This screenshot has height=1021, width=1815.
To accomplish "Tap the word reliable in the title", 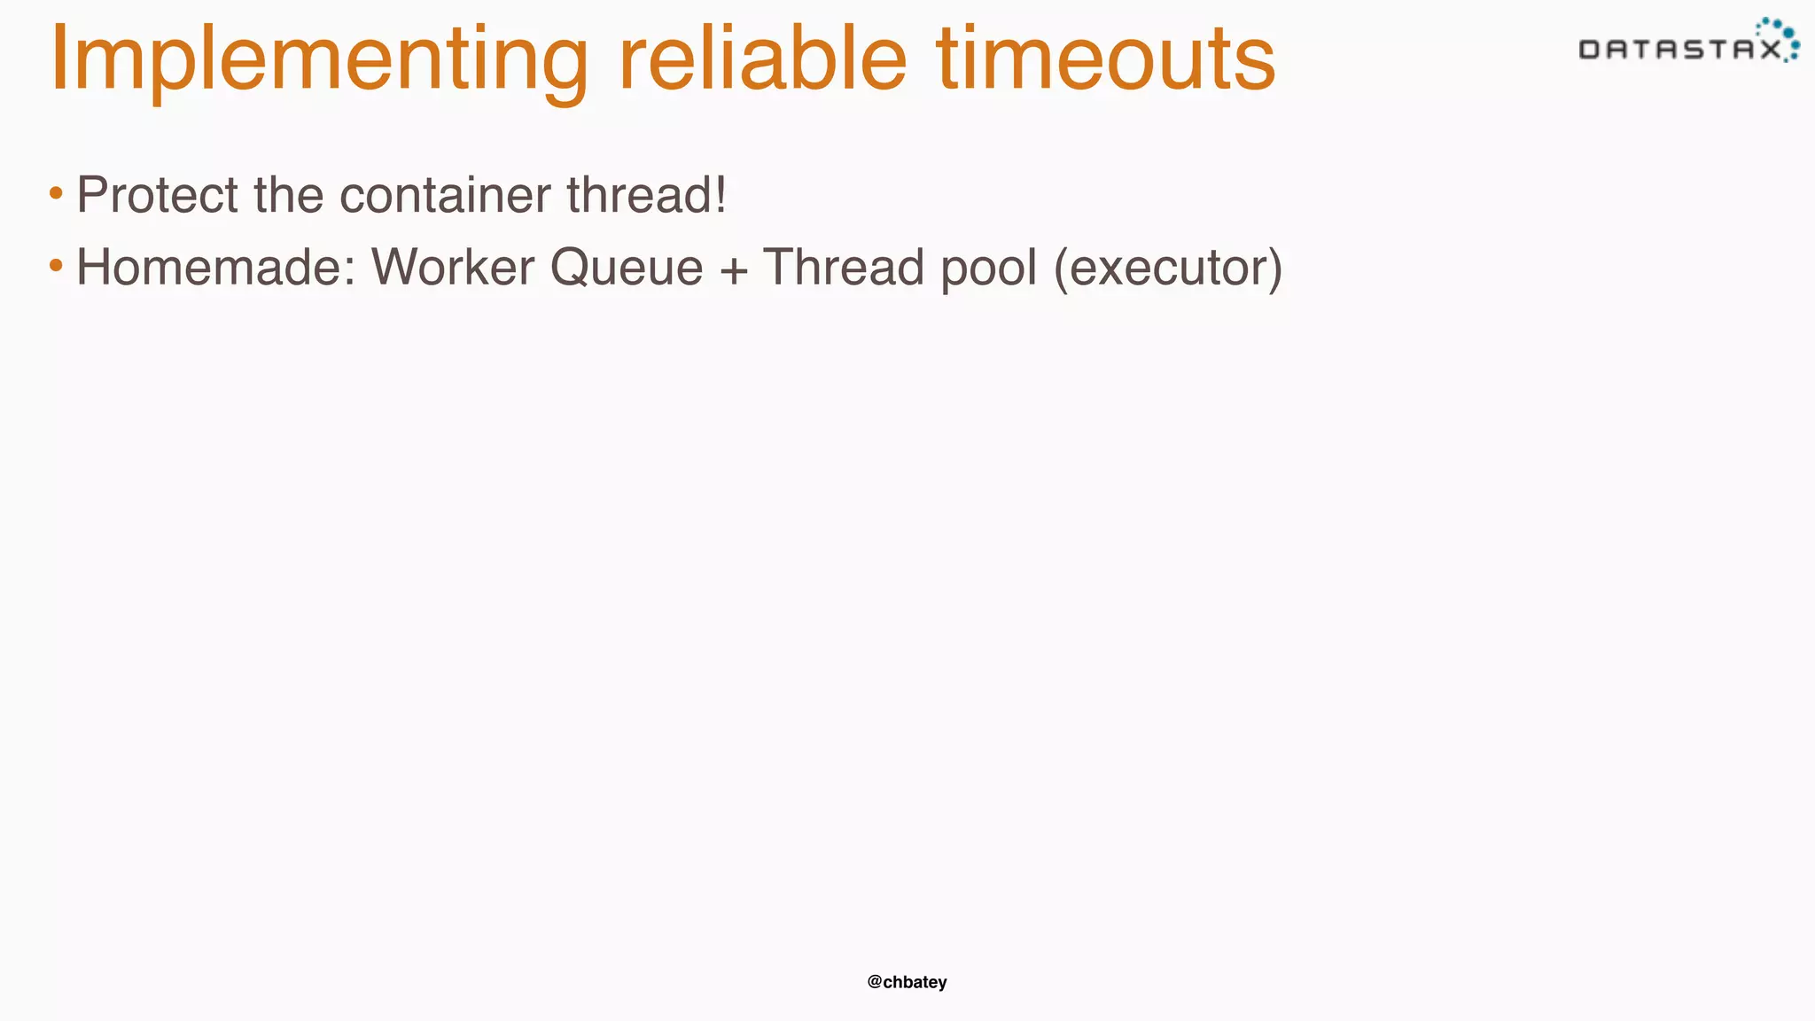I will click(x=762, y=60).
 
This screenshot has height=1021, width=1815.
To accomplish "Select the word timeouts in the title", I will click(x=1105, y=60).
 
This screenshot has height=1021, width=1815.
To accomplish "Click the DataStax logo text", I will click(x=1679, y=50).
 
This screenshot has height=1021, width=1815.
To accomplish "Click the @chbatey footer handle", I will click(x=907, y=982).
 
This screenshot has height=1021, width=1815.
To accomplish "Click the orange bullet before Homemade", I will click(x=56, y=265).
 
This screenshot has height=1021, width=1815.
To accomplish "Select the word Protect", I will click(x=157, y=195).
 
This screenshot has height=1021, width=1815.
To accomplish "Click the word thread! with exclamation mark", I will click(x=646, y=195).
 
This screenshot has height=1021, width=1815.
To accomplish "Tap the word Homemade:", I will click(x=215, y=267).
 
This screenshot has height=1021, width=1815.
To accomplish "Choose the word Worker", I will click(x=452, y=267).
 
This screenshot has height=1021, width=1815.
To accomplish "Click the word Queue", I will click(x=626, y=267).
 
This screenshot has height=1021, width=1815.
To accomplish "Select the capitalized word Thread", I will click(x=844, y=267).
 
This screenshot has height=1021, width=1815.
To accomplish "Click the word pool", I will click(x=988, y=269).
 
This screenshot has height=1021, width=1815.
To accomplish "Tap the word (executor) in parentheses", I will click(x=1167, y=269).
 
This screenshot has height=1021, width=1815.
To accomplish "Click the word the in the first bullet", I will click(x=288, y=195).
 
